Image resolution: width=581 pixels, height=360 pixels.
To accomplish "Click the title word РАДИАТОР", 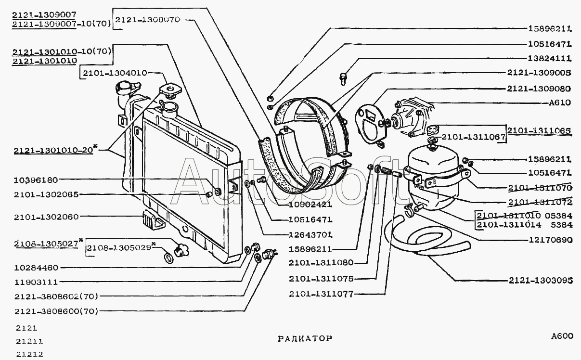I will [305, 338].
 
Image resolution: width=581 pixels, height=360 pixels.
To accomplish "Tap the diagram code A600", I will [562, 336].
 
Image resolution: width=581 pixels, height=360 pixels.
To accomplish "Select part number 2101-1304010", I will [114, 73].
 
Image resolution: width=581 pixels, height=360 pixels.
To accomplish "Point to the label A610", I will [560, 103].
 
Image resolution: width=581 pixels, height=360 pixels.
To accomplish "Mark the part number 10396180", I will [36, 180].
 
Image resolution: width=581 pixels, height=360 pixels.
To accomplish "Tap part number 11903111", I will [36, 282].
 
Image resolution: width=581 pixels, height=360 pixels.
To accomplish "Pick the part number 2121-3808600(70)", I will [56, 311].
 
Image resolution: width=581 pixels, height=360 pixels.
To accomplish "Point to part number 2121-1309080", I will [539, 89].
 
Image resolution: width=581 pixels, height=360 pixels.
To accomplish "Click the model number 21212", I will [30, 354].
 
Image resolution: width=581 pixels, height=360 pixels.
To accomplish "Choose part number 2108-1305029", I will [118, 248].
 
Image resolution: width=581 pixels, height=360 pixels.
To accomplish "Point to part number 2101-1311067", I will [473, 137].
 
